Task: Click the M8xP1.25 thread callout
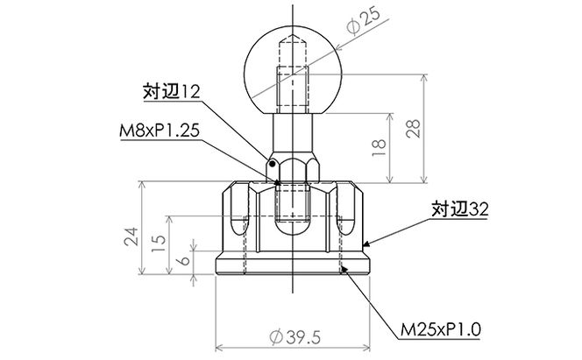pyautogui.click(x=160, y=131)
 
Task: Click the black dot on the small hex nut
pyautogui.click(x=273, y=163)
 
